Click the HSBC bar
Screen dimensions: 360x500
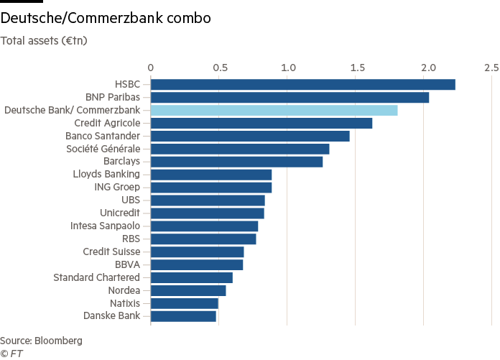click(302, 85)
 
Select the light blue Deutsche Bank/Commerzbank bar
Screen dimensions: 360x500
click(274, 110)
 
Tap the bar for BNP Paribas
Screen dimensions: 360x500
click(290, 98)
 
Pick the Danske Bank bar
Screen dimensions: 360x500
click(183, 316)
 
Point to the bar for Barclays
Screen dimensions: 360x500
click(236, 162)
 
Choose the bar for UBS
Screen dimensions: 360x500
click(208, 200)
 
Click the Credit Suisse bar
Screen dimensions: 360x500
click(197, 252)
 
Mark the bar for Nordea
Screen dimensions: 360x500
click(188, 290)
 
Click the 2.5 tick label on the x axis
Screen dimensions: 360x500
click(491, 68)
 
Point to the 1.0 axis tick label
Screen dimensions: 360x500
click(289, 68)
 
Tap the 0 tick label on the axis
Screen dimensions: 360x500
click(151, 68)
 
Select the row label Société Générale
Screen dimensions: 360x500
click(103, 149)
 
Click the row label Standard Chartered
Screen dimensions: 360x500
click(97, 277)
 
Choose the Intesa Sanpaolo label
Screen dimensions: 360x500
click(105, 226)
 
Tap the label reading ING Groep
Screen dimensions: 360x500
click(117, 188)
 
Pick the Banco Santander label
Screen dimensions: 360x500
click(103, 136)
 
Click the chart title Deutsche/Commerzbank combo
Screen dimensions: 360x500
click(106, 19)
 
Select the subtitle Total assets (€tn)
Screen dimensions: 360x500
click(44, 40)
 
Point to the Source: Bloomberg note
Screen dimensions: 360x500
click(41, 340)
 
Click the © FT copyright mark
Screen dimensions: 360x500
click(11, 354)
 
